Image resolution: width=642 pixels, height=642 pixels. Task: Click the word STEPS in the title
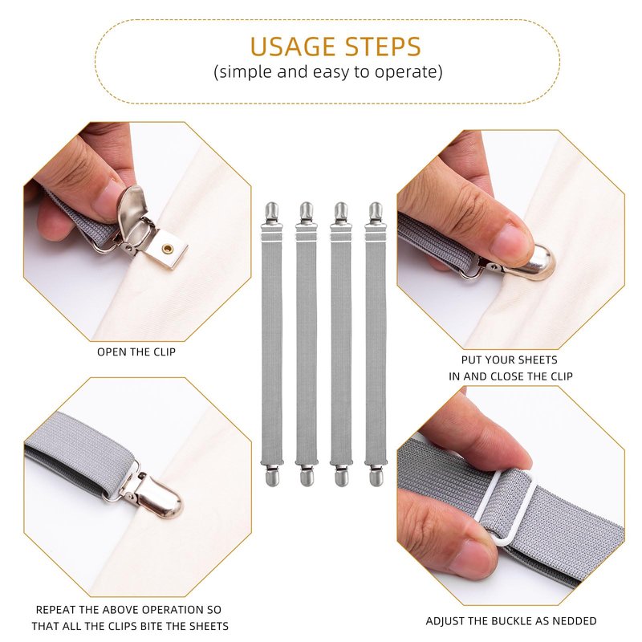383,47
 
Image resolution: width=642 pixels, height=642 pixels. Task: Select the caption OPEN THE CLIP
136,352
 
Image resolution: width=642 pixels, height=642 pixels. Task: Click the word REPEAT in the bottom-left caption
55,610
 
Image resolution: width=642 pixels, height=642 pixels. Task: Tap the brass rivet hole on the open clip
167,248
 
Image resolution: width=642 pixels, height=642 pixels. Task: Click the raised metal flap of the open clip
131,211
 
